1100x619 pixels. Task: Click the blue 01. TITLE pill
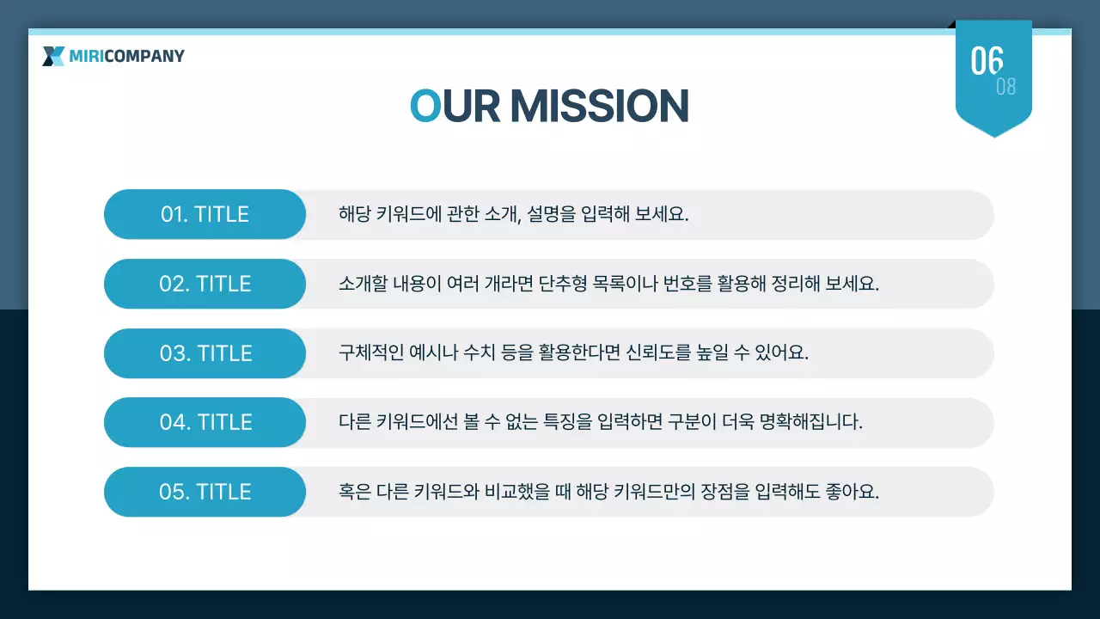click(205, 214)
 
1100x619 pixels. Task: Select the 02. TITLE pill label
click(205, 284)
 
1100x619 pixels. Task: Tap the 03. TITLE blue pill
click(205, 353)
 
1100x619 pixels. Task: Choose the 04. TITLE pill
click(205, 422)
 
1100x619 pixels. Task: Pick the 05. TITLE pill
click(205, 492)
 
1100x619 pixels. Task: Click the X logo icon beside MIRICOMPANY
click(53, 57)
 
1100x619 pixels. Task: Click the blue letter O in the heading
click(425, 106)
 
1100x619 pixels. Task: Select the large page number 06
click(987, 60)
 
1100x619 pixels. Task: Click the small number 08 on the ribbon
click(1005, 87)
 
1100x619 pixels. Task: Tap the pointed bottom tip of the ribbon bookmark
click(994, 134)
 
